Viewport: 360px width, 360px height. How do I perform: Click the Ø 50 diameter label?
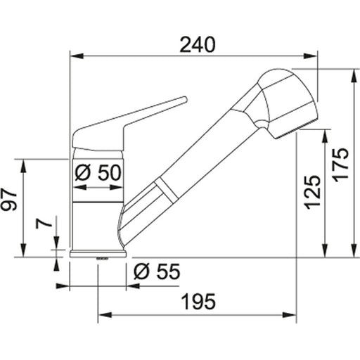point(98,172)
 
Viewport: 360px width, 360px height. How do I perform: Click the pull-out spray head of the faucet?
point(285,102)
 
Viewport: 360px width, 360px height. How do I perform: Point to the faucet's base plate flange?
point(98,253)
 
